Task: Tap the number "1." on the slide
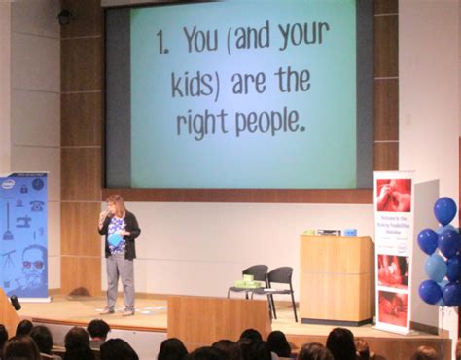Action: (163, 41)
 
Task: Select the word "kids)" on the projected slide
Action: (193, 84)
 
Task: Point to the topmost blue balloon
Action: (444, 210)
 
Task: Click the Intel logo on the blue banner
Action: (9, 183)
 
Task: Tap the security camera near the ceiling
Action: (64, 17)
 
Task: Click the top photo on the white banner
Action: (394, 195)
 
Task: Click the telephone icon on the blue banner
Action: (36, 205)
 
